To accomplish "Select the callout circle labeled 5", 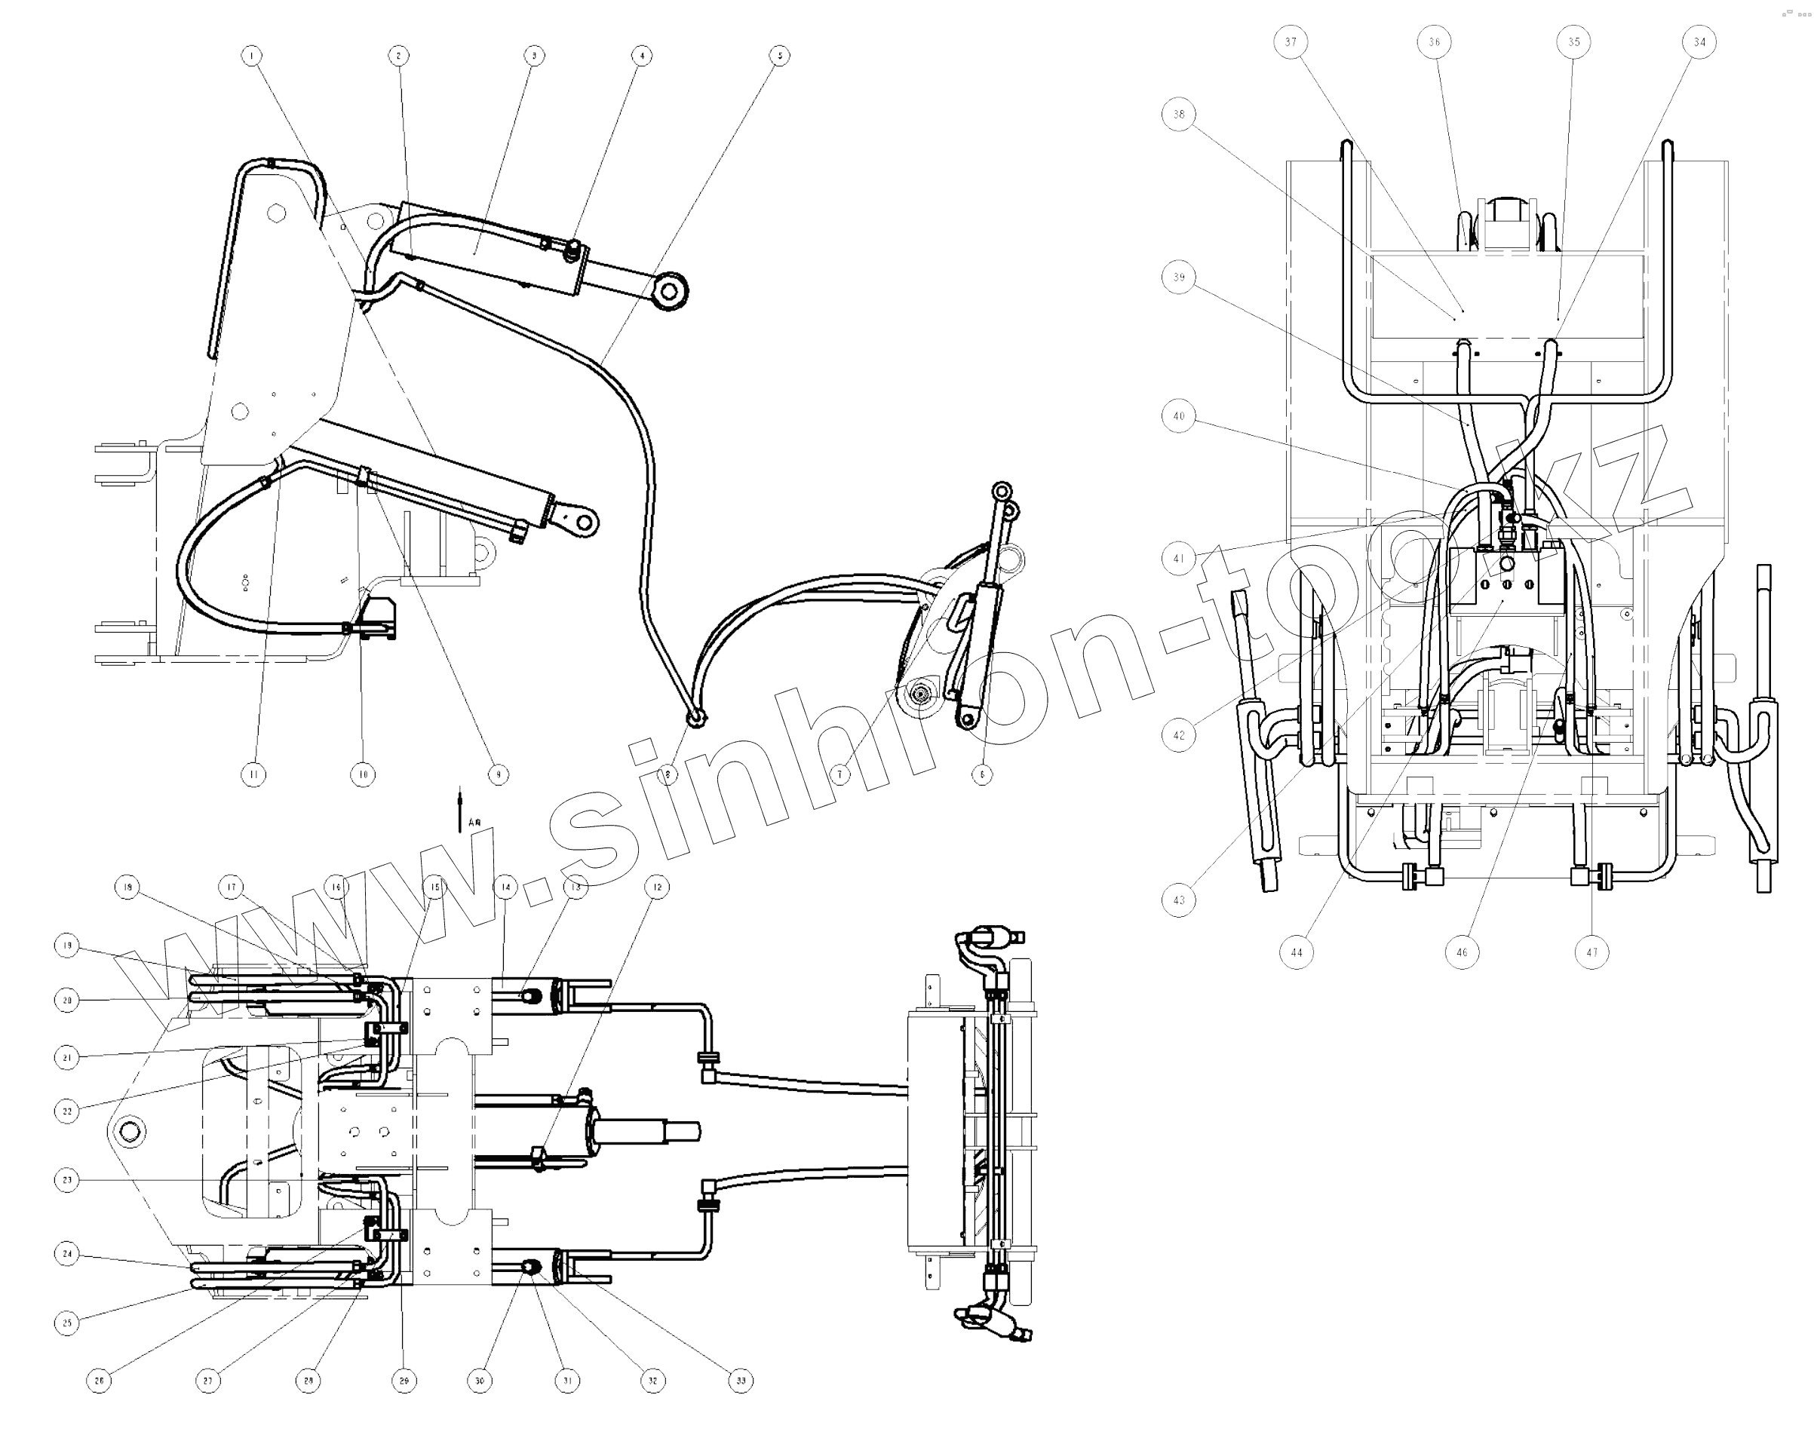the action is point(779,57).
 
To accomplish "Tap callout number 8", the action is point(668,774).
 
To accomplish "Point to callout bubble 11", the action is point(253,774).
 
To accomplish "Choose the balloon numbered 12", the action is point(657,887).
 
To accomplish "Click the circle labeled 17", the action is point(232,887).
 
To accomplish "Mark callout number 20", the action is point(66,1001).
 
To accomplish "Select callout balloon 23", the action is point(66,1179).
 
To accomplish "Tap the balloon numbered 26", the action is point(100,1381).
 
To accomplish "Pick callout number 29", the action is point(404,1381).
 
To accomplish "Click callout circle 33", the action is point(741,1381).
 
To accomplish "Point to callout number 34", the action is point(1699,42).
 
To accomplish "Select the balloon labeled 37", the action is point(1291,42).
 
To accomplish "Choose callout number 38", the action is point(1179,115).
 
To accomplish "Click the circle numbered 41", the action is point(1179,558).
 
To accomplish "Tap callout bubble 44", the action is point(1297,952).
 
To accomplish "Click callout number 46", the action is point(1462,952).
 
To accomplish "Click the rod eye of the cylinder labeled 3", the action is point(670,291).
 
